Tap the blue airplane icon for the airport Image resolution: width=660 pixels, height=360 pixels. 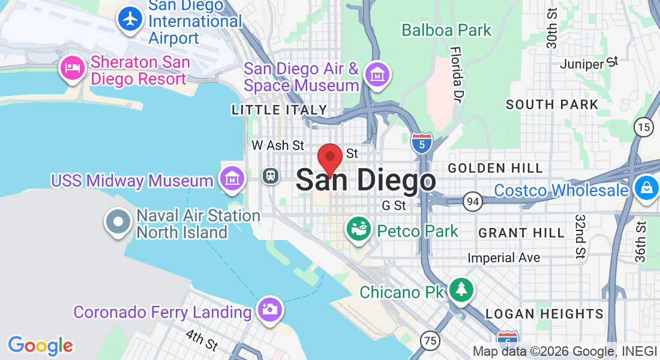pos(130,19)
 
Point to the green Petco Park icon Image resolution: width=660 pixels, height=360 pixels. pos(358,229)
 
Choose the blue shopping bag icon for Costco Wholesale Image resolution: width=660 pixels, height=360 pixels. pos(647,188)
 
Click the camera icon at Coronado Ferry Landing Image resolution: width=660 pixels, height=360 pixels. pos(270,309)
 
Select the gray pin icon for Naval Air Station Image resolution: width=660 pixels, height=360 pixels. pos(118,221)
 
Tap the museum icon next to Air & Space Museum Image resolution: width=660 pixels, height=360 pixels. pos(377,76)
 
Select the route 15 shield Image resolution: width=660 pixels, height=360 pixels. pos(644,127)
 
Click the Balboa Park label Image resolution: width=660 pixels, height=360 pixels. pos(446,30)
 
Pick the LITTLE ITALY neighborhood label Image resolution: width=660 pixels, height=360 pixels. pos(279,110)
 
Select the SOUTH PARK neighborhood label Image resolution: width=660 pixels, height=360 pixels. pos(552,104)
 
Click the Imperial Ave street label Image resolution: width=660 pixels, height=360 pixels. pos(504,258)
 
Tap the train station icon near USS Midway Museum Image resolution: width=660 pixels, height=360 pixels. pos(272,176)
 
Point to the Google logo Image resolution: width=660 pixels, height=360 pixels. pos(40,345)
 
